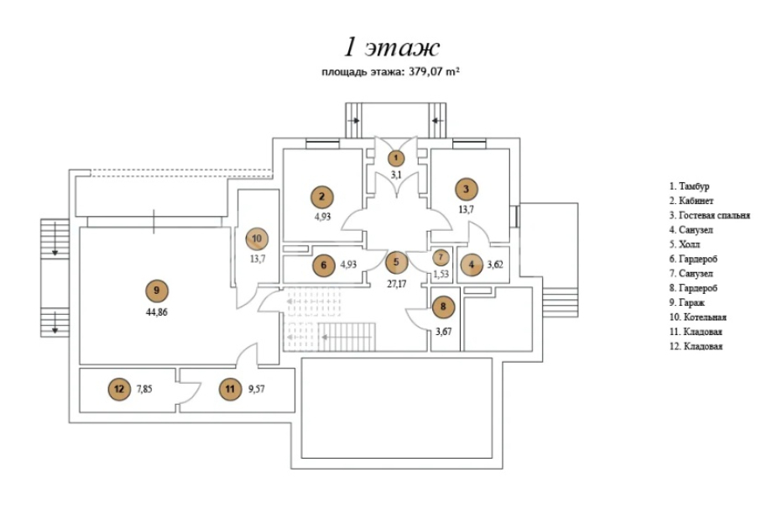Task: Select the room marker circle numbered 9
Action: point(155,291)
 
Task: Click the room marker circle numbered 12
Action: point(119,389)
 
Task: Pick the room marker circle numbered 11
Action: point(229,389)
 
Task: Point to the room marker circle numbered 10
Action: point(257,238)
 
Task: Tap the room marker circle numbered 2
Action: point(321,197)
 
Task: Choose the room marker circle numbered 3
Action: point(467,188)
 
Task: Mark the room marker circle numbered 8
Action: point(443,307)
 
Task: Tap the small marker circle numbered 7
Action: point(442,257)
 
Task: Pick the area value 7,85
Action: point(148,389)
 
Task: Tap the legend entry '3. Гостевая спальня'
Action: point(709,215)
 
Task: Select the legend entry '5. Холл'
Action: point(685,244)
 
